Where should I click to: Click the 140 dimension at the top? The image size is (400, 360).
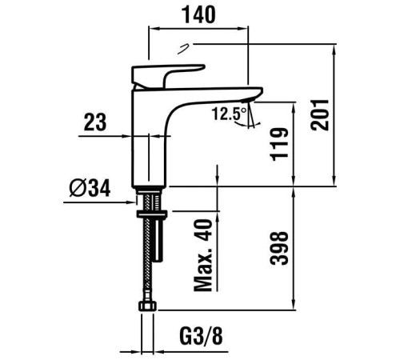198,15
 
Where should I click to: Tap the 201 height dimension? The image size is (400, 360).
320,114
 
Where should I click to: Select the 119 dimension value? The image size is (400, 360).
279,145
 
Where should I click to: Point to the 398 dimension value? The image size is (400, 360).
279,248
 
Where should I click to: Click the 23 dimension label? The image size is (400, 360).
95,122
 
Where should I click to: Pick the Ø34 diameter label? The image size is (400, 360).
90,188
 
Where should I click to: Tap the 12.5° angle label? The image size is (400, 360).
230,114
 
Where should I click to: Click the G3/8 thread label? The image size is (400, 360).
201,336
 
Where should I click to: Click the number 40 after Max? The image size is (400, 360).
203,230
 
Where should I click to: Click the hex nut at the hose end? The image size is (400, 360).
148,306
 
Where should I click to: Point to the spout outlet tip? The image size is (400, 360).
248,100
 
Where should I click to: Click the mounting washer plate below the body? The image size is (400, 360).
152,214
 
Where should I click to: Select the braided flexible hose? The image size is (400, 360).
148,248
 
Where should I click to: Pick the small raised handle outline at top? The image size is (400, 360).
183,49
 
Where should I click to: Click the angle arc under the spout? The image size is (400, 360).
247,125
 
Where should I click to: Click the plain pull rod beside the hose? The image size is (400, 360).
158,238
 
